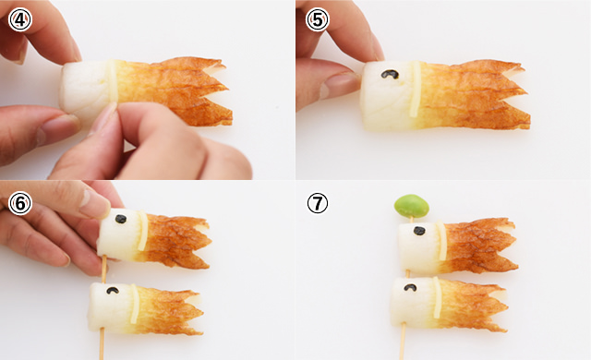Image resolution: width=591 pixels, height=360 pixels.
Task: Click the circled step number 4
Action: (19, 19)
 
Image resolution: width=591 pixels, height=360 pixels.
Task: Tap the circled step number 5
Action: (317, 19)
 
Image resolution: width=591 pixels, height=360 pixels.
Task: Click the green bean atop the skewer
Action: (412, 205)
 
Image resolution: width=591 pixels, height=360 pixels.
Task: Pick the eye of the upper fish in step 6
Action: (120, 221)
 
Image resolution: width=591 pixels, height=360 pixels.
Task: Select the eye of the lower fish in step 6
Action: (112, 291)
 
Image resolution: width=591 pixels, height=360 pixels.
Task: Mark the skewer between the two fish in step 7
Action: (406, 272)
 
